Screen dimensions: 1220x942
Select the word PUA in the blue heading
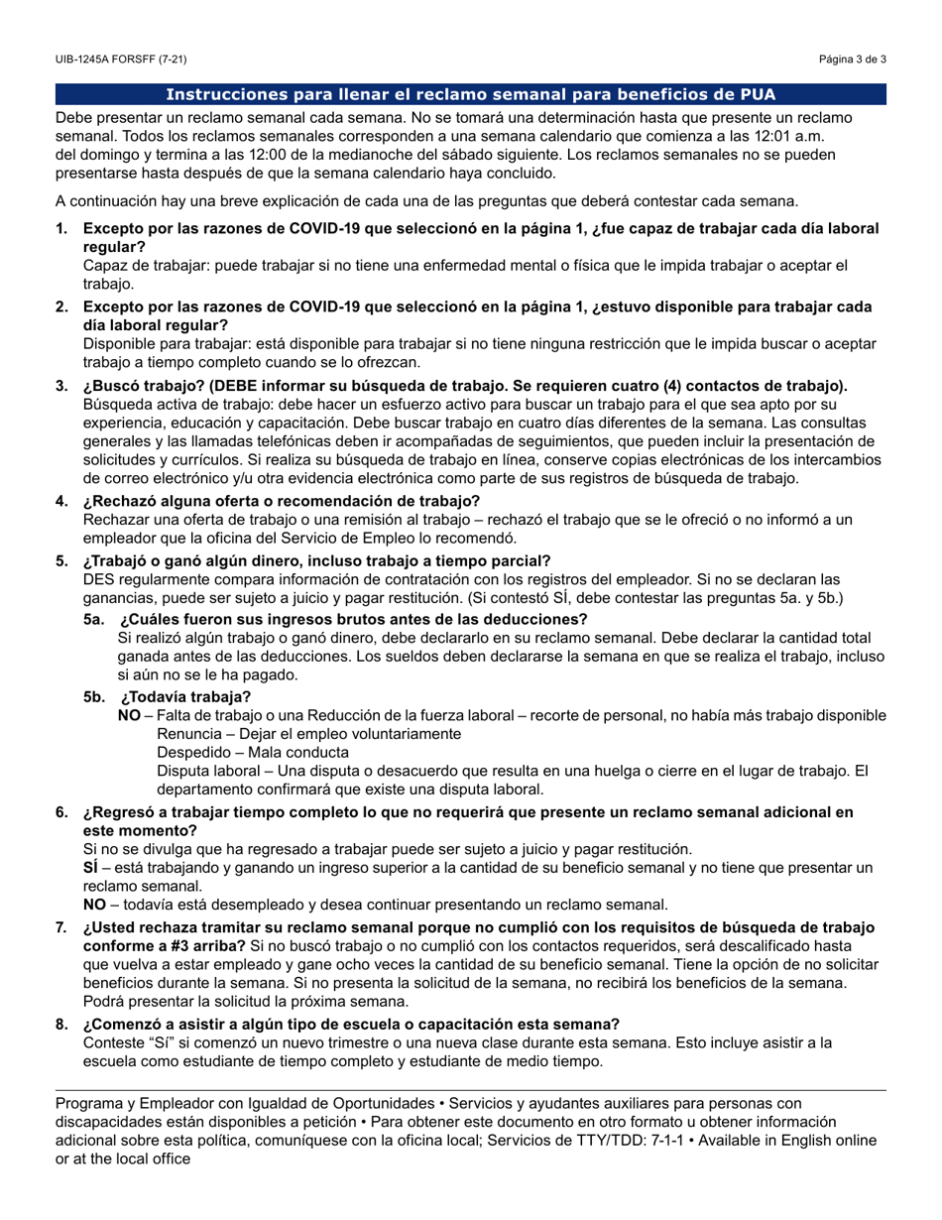pyautogui.click(x=757, y=95)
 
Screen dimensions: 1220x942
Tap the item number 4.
pyautogui.click(x=61, y=500)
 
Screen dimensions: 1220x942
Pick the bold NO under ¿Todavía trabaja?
pyautogui.click(x=129, y=715)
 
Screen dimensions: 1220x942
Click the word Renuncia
pyautogui.click(x=191, y=734)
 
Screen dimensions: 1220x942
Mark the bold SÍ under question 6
pyautogui.click(x=90, y=868)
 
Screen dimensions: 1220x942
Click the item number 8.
pyautogui.click(x=61, y=1024)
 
